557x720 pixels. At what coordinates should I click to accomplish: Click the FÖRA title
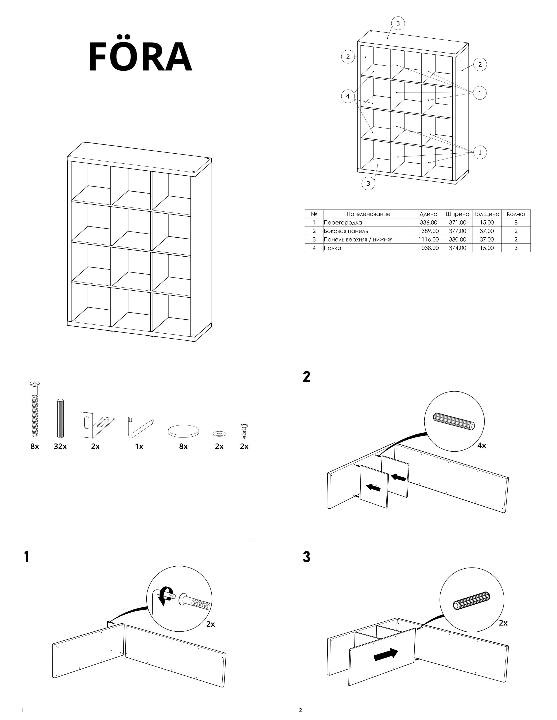140,57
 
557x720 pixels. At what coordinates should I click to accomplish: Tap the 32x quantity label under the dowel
60,447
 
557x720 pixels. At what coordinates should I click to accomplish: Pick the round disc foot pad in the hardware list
183,431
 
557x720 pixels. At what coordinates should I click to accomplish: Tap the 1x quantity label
139,447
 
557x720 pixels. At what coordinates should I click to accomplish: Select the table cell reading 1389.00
429,231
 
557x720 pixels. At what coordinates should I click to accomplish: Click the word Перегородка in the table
343,223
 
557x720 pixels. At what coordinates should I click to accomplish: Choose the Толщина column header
486,214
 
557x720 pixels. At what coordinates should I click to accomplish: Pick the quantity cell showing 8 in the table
516,223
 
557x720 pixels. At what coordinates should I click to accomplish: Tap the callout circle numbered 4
348,97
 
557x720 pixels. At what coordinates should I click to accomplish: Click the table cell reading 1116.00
429,240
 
